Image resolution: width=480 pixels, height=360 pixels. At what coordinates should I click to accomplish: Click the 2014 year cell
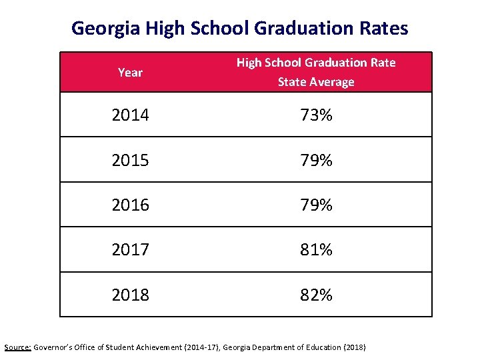point(130,115)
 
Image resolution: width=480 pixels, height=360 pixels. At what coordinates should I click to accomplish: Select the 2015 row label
point(130,161)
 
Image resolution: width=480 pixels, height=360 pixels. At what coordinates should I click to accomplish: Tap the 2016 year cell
point(130,205)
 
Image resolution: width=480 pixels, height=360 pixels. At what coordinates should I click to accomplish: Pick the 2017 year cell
point(130,250)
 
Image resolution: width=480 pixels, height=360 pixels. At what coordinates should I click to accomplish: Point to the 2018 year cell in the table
point(130,295)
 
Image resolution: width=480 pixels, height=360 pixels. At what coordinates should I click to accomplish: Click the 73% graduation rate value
point(316,115)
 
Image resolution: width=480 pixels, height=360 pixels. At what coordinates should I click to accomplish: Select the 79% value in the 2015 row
point(316,161)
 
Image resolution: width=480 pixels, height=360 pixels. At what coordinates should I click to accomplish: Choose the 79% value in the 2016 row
point(316,205)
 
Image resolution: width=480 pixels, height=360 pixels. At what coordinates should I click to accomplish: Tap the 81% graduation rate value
point(316,250)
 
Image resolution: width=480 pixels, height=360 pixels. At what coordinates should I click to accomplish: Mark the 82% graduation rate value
point(316,295)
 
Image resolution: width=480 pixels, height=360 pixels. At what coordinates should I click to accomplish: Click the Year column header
point(130,73)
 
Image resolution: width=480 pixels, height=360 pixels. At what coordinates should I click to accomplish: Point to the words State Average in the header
point(316,82)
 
